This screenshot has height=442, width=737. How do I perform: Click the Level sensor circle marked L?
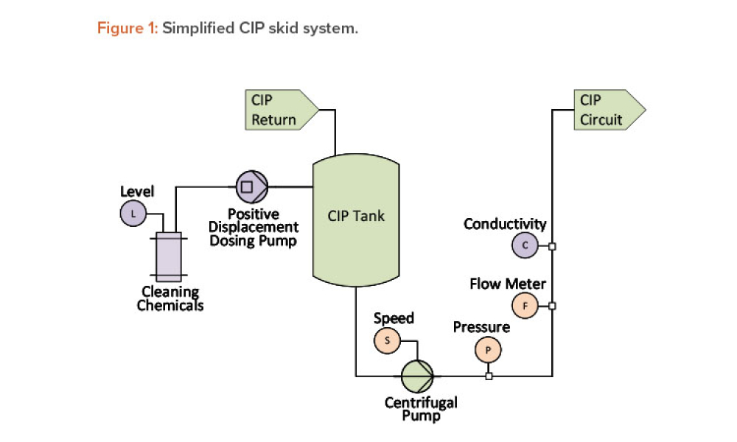(133, 214)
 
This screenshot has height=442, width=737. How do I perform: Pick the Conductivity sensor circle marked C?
(525, 245)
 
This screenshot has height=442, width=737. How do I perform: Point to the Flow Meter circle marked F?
(525, 305)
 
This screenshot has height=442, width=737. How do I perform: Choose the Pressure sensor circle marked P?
(488, 351)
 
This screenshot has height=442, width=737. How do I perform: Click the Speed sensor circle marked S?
(387, 340)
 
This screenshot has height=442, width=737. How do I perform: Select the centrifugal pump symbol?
(416, 376)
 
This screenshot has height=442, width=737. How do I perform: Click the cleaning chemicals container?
(169, 256)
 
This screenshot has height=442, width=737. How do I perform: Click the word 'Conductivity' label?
(505, 224)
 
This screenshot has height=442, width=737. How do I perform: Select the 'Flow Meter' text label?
(508, 284)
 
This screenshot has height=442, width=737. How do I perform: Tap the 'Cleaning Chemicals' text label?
(170, 298)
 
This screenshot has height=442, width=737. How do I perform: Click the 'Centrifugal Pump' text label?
(421, 409)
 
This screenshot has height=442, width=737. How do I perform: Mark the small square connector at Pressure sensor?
(489, 376)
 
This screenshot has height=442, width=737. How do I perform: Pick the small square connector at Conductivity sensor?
(552, 246)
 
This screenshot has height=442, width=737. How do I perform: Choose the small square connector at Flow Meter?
(552, 305)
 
